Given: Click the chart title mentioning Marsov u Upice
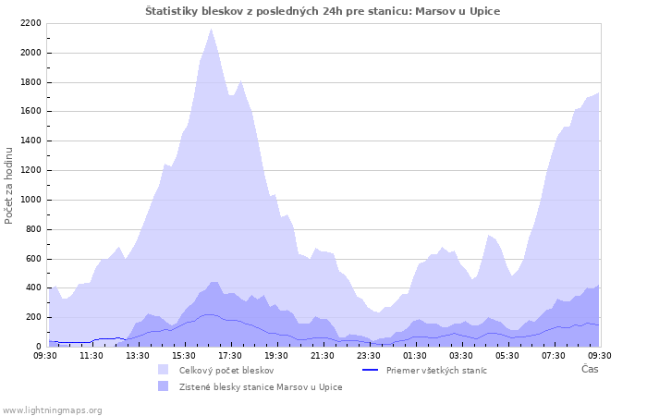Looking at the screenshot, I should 323,11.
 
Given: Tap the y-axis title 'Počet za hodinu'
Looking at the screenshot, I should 9,184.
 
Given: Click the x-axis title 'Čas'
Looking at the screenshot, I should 589,369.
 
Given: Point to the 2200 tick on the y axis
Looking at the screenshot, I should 31,23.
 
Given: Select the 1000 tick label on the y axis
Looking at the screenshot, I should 31,200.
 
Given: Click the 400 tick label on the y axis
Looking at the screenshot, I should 33,288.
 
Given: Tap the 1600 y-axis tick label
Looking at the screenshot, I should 31,112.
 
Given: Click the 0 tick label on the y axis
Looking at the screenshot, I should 39,347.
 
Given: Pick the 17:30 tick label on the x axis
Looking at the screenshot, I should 230,355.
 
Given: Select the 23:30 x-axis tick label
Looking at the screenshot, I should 369,355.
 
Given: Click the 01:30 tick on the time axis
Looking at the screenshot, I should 415,355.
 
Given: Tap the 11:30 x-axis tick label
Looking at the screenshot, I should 92,355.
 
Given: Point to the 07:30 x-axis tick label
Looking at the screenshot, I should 554,355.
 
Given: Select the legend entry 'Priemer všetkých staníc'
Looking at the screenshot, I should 436,370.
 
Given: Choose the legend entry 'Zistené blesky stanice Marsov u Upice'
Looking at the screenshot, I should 261,386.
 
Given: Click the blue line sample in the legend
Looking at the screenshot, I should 370,370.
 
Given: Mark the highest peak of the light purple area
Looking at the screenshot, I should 211,30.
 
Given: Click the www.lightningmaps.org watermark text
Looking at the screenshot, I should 52,410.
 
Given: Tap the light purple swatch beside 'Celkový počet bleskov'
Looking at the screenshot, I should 164,370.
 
